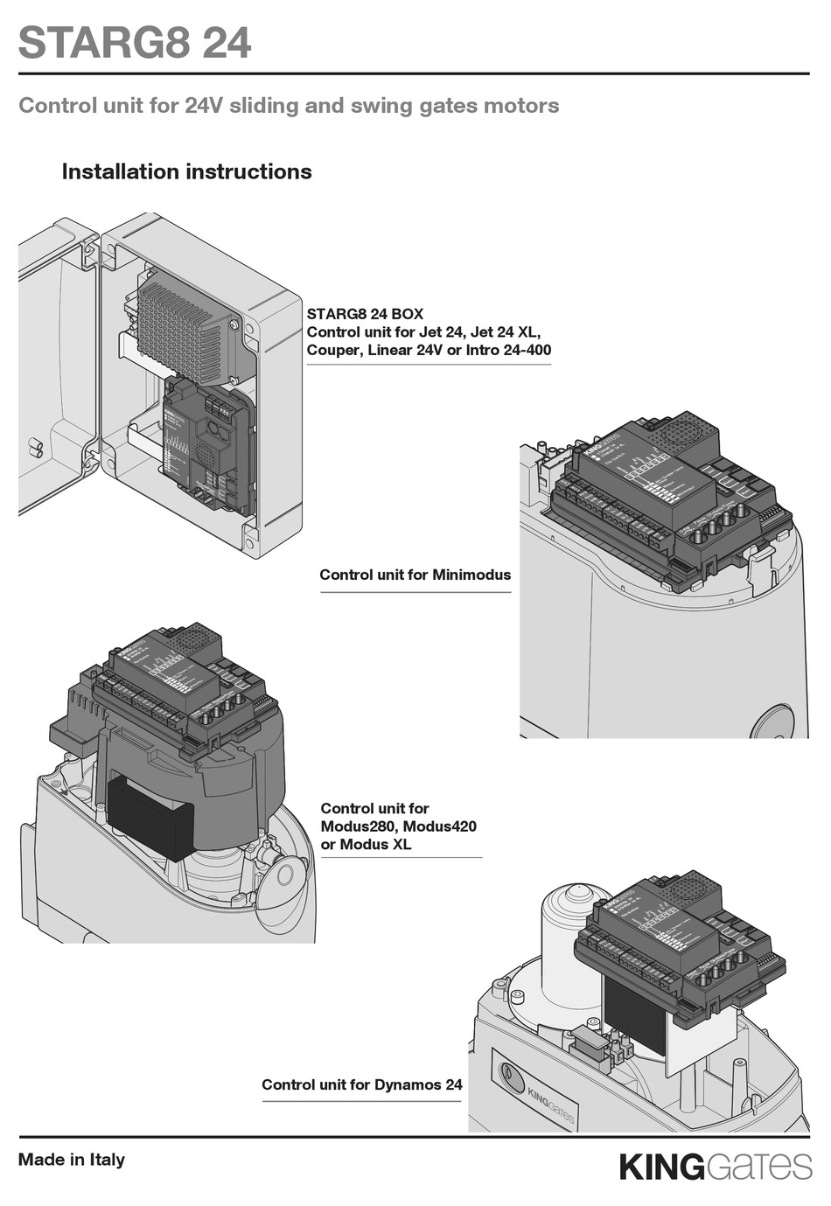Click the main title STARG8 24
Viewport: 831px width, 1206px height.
pyautogui.click(x=135, y=43)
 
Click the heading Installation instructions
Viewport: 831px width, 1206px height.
pyautogui.click(x=186, y=171)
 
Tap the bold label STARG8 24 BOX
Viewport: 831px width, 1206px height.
pyautogui.click(x=365, y=314)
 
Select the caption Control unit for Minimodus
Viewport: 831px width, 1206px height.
pyautogui.click(x=415, y=575)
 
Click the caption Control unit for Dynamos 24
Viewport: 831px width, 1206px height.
pyautogui.click(x=361, y=1084)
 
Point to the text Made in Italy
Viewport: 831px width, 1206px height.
pyautogui.click(x=72, y=1160)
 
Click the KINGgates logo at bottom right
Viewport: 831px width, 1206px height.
pyautogui.click(x=715, y=1167)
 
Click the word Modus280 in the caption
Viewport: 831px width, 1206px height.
pyautogui.click(x=357, y=826)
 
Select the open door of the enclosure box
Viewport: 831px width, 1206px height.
pyautogui.click(x=57, y=367)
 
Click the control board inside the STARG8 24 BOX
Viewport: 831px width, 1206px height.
pyautogui.click(x=208, y=446)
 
